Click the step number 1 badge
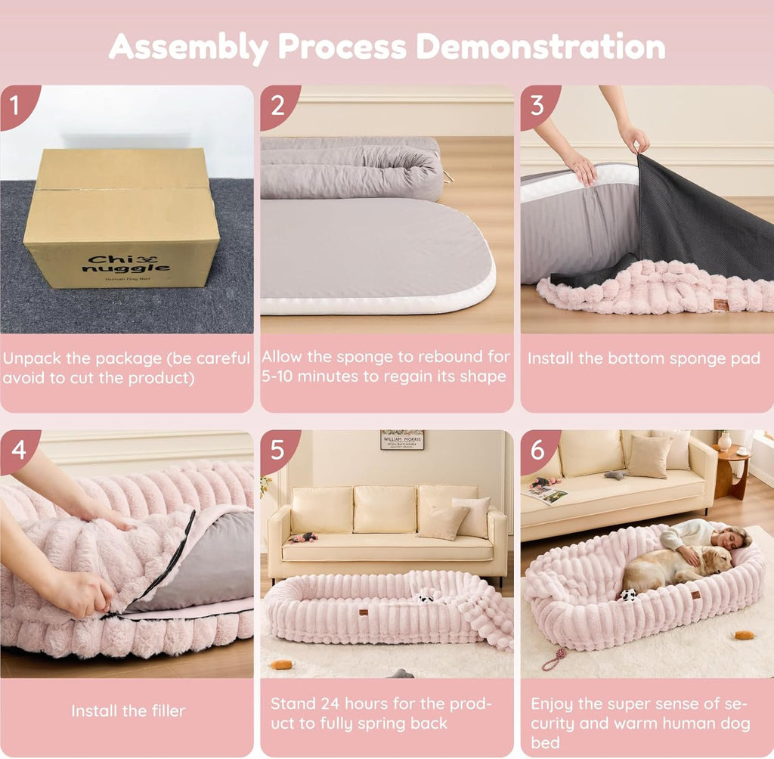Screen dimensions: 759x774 pos(14,101)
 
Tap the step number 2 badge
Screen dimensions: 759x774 pos(276,103)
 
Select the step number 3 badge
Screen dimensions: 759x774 pos(537,103)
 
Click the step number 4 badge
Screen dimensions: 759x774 pos(15,448)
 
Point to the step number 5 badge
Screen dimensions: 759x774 pos(277,448)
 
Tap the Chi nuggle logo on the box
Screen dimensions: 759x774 pos(126,264)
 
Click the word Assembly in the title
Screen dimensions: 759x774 pos(188,46)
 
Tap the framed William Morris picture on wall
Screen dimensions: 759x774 pos(401,439)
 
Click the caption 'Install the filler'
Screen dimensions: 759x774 pos(128,711)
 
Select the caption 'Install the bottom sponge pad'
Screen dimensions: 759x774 pos(643,358)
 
